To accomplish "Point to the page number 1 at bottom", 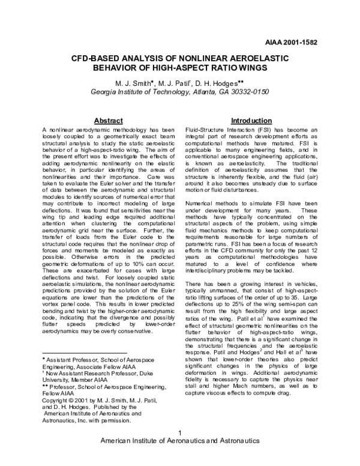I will click(180, 450).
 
